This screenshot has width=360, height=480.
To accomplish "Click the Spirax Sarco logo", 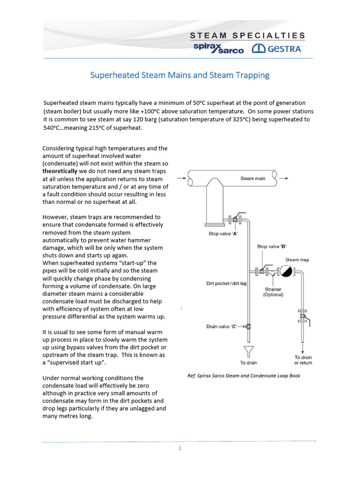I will tap(218, 48).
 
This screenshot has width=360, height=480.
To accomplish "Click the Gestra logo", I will tap(277, 48).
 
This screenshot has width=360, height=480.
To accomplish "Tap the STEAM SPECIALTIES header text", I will tap(247, 36).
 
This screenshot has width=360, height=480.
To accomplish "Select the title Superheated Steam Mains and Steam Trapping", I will tap(180, 75).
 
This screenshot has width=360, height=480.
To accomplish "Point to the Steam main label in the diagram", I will tap(253, 178).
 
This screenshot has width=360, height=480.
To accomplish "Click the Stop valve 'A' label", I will tap(223, 233).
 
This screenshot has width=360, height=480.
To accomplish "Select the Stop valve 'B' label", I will tap(271, 246).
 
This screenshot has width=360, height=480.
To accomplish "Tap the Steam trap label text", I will tap(297, 260).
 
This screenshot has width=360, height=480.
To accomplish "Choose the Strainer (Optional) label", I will tap(272, 292).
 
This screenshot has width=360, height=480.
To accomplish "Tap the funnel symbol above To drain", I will tap(249, 351).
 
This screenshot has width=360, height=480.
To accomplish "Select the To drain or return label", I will tap(303, 360).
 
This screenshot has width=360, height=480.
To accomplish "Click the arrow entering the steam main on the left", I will tap(180, 178).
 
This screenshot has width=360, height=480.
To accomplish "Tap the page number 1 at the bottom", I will tap(180, 448).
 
